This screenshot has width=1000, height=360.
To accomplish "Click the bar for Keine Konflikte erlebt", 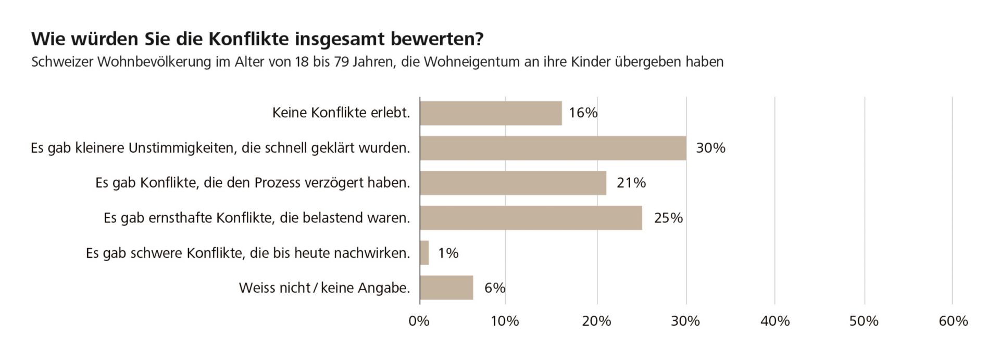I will [491, 113].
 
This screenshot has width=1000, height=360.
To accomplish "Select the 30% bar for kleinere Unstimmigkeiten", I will [553, 148].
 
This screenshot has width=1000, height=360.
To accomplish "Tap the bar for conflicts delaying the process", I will [512, 183].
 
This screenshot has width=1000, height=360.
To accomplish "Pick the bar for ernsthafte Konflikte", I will [531, 218].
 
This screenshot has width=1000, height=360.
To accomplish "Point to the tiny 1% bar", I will [424, 253].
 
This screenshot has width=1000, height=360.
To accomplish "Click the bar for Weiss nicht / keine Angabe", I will [446, 288].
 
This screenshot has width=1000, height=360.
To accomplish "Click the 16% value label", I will [583, 113].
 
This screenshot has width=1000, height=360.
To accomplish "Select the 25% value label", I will [668, 218].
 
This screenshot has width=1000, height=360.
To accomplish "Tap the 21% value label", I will [631, 183].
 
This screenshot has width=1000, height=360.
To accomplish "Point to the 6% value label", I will [495, 288].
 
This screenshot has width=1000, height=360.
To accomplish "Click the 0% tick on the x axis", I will [419, 321].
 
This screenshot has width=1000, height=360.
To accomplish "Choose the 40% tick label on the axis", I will [775, 321].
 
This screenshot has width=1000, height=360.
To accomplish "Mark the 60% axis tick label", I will [953, 321].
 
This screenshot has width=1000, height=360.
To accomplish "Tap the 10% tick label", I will [505, 321].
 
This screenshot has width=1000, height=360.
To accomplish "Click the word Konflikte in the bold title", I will [248, 39].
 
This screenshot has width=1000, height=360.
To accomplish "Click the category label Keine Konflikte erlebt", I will [341, 113].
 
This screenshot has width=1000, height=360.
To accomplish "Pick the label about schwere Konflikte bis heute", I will [248, 253].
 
